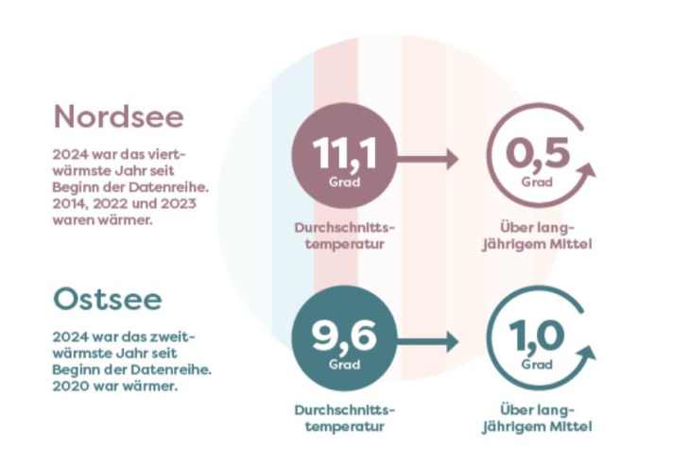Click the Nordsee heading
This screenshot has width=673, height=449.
(119, 116)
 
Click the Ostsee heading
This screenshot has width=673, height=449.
(108, 300)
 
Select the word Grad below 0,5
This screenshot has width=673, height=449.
(537, 181)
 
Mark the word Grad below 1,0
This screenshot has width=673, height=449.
(537, 365)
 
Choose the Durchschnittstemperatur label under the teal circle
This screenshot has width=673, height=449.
(344, 419)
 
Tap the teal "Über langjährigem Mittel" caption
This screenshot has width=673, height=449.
(538, 419)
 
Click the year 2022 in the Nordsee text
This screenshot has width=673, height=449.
(118, 205)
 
